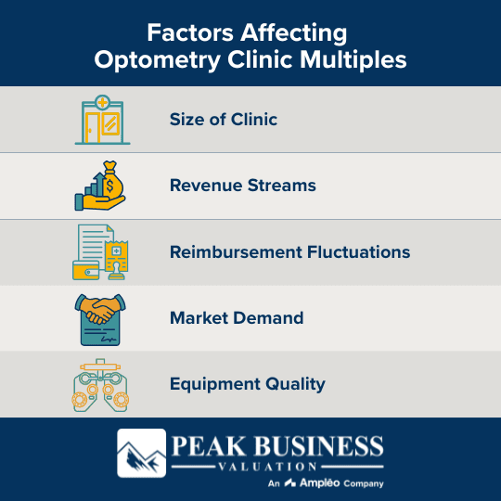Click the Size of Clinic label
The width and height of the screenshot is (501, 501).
(x=224, y=119)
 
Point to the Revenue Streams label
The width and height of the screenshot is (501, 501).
(x=242, y=186)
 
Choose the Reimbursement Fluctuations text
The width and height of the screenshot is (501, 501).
(x=289, y=251)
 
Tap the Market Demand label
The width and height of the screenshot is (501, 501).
(x=236, y=318)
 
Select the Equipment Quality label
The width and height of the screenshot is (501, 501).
(x=247, y=384)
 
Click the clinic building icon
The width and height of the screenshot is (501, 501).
(x=102, y=119)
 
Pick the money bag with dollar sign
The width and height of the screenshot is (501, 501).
(x=109, y=179)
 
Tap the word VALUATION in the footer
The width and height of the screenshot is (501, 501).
(x=276, y=466)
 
